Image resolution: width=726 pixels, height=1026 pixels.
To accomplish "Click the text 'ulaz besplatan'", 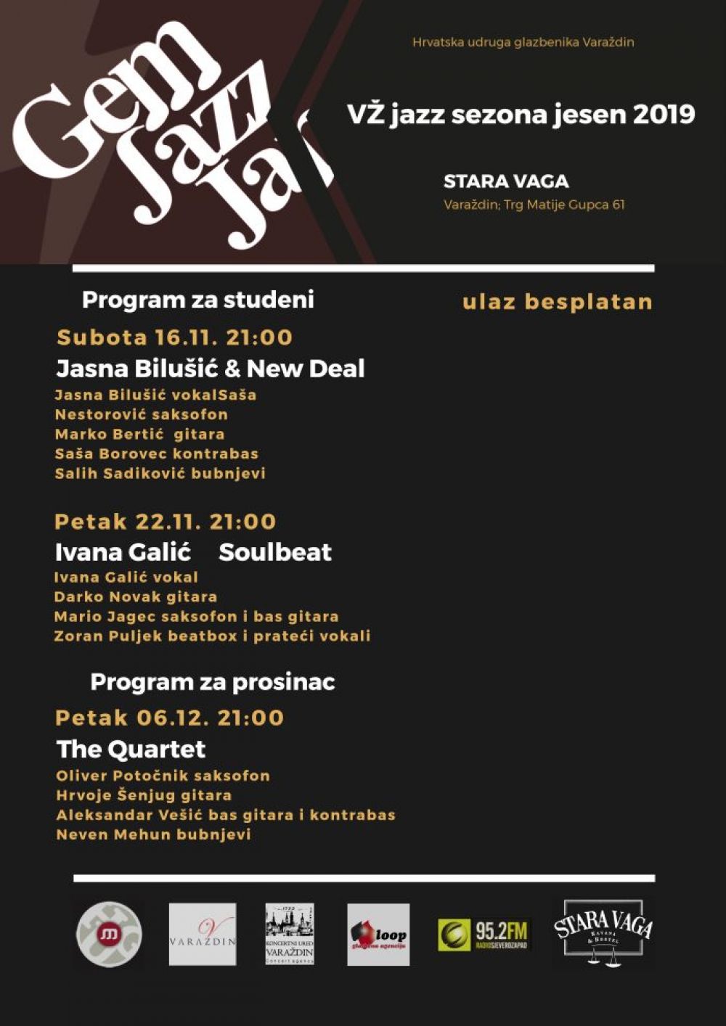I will (557, 302).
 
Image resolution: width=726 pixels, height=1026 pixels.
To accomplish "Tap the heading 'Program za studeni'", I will (197, 300).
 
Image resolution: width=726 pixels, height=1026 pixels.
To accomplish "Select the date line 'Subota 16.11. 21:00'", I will (174, 337).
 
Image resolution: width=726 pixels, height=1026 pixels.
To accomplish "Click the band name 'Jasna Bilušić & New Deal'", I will (211, 369).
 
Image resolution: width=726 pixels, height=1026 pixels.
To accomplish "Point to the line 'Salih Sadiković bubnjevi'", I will (160, 473).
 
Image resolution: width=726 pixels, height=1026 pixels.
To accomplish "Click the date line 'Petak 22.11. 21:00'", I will (166, 522).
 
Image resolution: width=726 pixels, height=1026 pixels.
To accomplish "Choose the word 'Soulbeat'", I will (275, 552).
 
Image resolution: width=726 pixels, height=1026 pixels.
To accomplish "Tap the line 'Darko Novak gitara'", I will (136, 596).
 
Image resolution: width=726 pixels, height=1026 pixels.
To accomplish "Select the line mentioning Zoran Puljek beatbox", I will (212, 636).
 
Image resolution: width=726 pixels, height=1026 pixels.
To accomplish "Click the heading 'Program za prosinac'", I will (212, 682).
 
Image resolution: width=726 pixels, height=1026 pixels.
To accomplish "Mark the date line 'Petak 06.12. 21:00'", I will (169, 718).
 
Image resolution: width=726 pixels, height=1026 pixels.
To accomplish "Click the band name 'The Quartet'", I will (131, 749).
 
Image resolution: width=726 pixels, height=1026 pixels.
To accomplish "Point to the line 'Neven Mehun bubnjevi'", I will (153, 834).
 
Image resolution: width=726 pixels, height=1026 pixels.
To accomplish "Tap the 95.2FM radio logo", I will (483, 935).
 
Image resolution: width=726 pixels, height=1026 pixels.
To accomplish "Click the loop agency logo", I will (378, 935).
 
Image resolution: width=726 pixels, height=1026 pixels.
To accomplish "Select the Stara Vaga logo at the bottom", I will (603, 932).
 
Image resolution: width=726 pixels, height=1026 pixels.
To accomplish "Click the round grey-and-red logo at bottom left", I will (109, 934).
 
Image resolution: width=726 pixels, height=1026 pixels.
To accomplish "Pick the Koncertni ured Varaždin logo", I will (290, 934).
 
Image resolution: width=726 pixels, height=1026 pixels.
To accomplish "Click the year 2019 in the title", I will (664, 115).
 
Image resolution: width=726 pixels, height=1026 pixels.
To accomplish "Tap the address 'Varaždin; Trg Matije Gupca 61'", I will (534, 205).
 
